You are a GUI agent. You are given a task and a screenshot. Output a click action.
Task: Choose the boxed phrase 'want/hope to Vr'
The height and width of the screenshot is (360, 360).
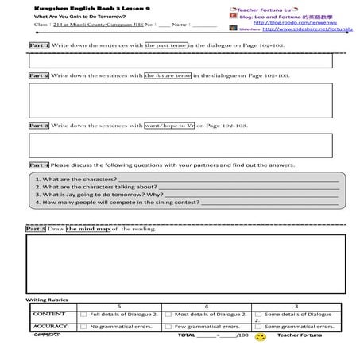click(169, 126)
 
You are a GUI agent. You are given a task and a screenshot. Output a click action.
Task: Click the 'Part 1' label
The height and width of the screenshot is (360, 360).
click(39, 46)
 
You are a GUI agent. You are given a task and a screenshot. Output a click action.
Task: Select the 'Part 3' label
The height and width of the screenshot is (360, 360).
click(39, 126)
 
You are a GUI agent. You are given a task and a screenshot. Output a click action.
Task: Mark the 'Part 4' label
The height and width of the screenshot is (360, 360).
click(39, 165)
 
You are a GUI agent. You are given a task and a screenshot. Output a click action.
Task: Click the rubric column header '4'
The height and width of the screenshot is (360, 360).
click(206, 306)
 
